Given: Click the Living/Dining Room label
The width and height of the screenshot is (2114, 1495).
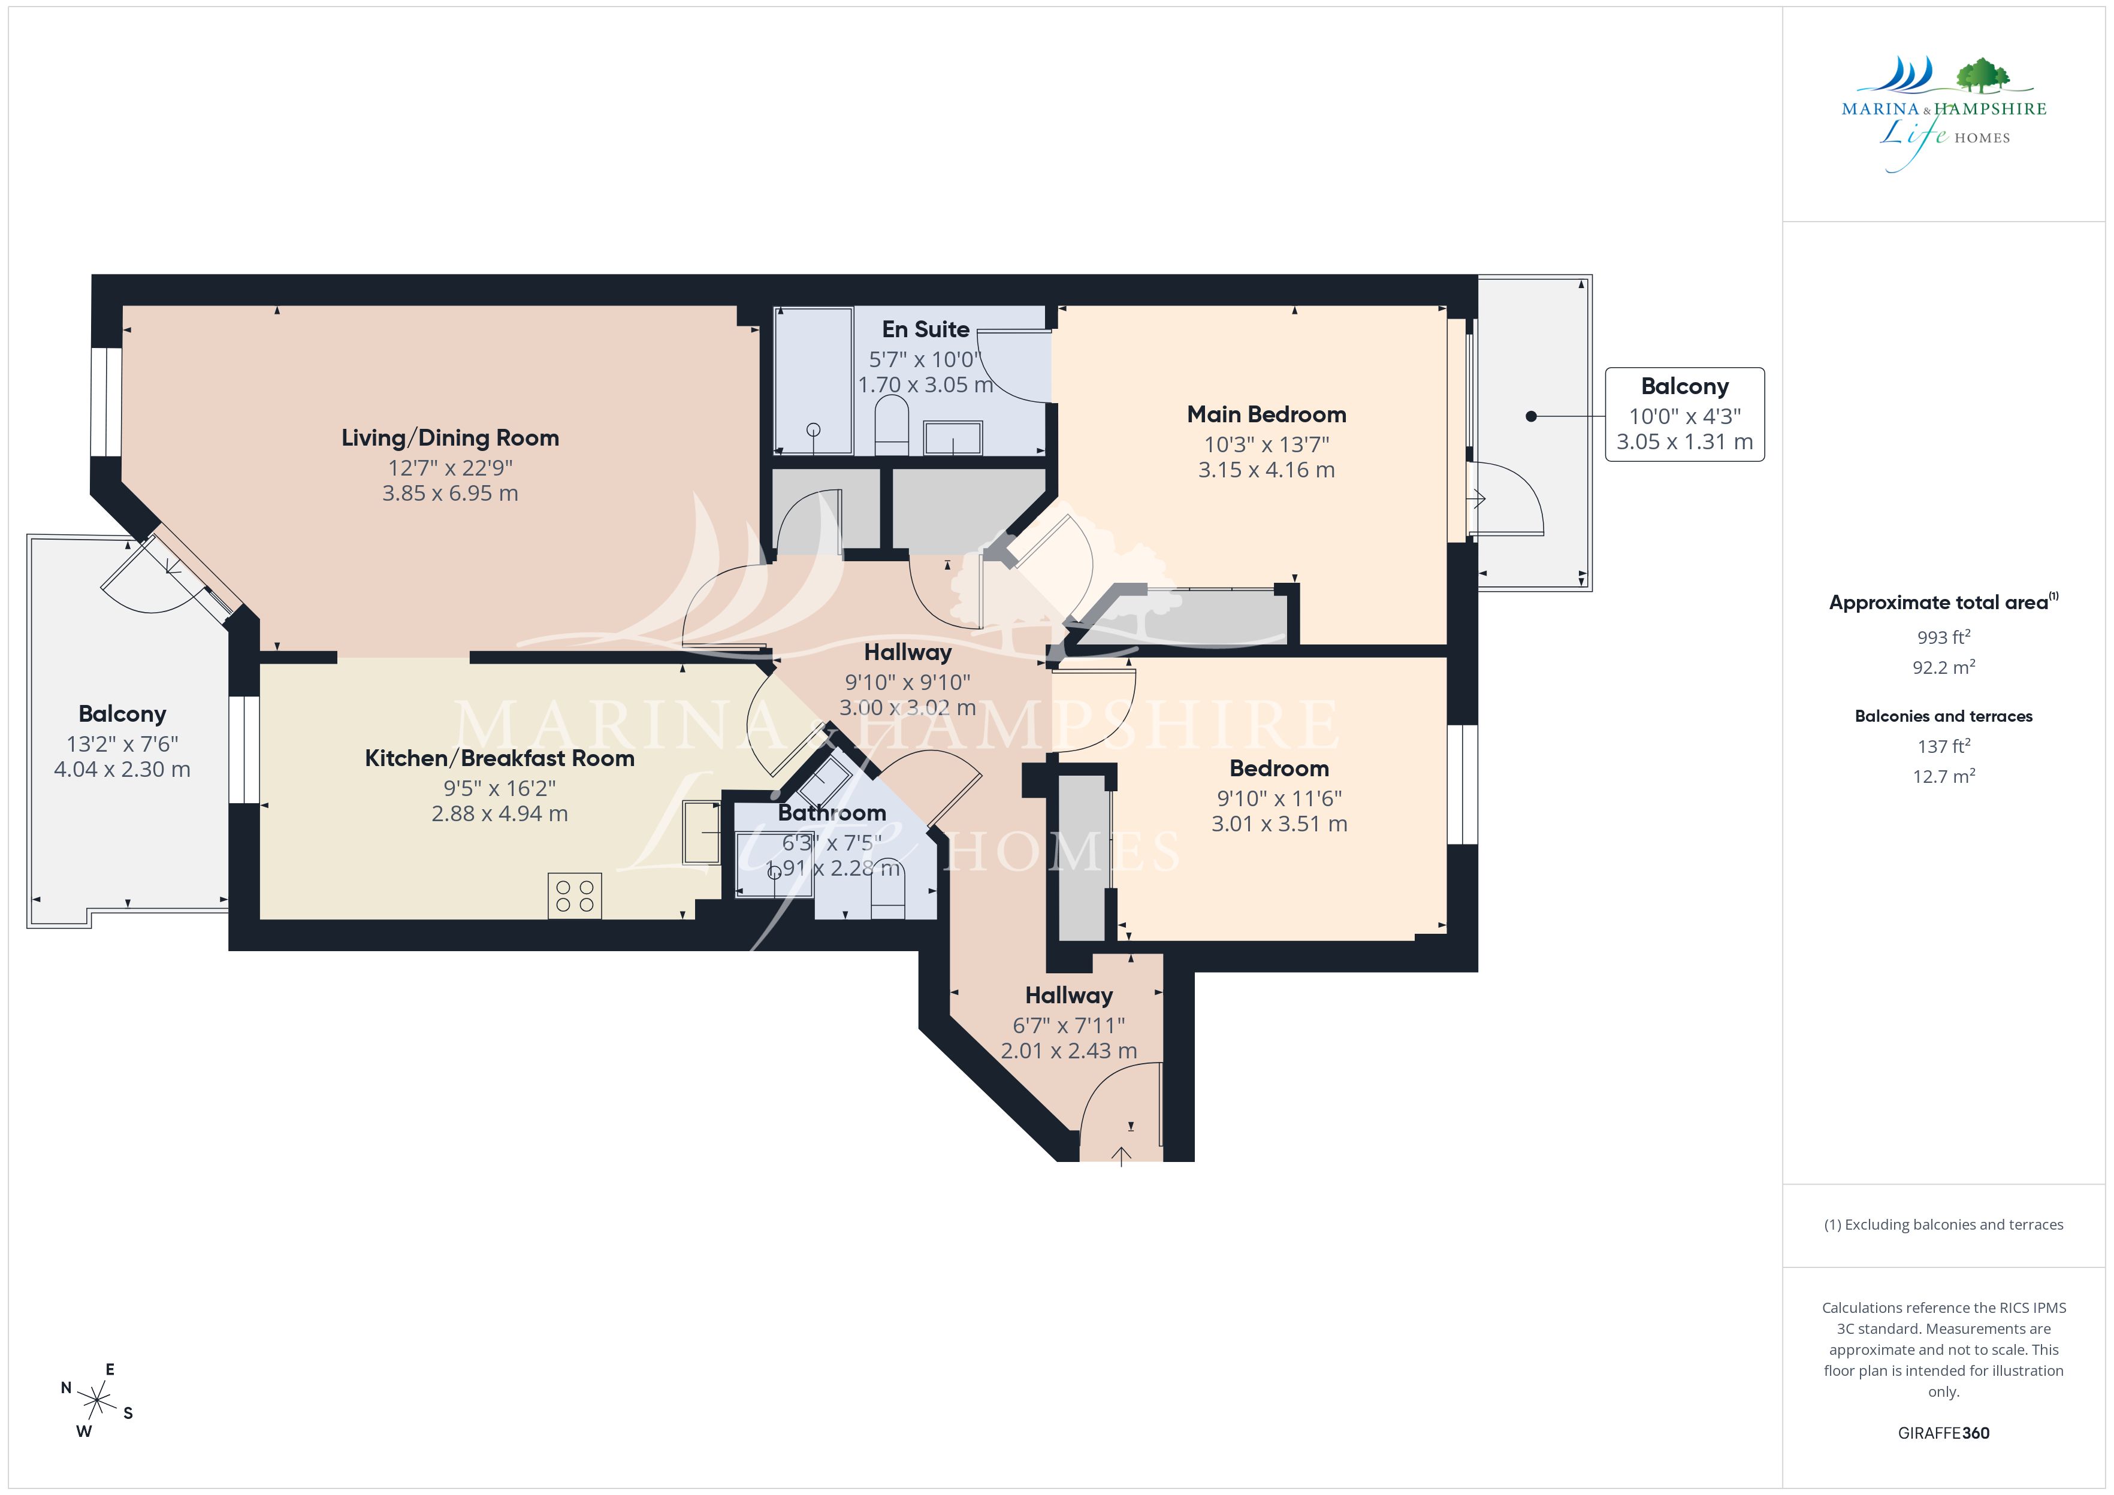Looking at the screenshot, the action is click(450, 438).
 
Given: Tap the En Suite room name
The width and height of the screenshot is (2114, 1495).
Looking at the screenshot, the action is click(925, 329).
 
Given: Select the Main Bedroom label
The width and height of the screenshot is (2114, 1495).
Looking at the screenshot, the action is click(1266, 414).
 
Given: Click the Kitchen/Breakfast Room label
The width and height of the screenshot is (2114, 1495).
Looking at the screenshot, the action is click(500, 758).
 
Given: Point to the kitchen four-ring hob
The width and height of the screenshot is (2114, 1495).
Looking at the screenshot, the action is click(575, 895).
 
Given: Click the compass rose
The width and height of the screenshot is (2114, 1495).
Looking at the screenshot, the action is click(96, 1401).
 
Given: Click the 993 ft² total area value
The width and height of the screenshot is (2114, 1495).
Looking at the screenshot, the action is click(1944, 637).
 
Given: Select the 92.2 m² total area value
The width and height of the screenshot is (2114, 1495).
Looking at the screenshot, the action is click(1944, 667).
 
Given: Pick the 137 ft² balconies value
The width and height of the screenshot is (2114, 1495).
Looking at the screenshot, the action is click(1944, 746).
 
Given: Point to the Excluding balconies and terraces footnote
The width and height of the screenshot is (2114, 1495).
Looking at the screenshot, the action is click(1944, 1224).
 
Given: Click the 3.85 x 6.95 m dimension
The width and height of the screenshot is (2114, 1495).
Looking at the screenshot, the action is click(450, 494).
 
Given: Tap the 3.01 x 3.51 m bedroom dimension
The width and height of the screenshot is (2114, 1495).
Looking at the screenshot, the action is click(1279, 824).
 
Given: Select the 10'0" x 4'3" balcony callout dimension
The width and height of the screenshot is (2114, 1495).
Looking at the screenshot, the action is click(1685, 416).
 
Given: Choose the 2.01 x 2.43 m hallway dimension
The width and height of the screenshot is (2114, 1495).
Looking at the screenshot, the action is click(1069, 1051).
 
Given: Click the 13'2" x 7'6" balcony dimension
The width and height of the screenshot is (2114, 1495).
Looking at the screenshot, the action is click(122, 744).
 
